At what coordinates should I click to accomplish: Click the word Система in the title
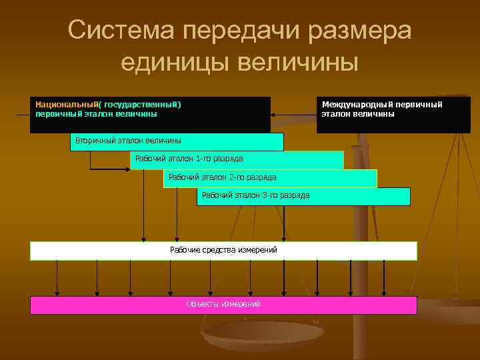click(x=120, y=31)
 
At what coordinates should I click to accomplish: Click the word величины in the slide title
click(x=303, y=63)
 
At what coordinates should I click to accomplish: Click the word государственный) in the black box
click(x=143, y=104)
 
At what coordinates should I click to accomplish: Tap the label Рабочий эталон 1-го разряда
click(x=189, y=159)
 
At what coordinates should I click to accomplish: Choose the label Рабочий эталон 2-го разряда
click(x=222, y=177)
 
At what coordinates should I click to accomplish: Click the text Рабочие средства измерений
click(x=223, y=250)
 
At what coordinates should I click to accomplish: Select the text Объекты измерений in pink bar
click(x=223, y=305)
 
